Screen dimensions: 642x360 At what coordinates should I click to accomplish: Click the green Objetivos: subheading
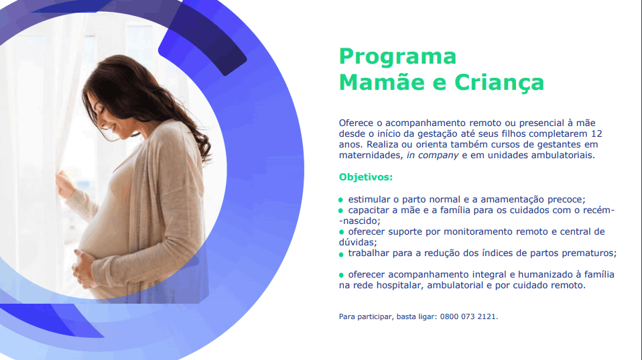tap(366, 178)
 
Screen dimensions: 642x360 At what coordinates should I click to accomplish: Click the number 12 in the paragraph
tap(596, 133)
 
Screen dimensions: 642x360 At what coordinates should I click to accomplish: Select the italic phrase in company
tap(432, 156)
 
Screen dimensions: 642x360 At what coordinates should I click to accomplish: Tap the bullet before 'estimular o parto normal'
tap(340, 200)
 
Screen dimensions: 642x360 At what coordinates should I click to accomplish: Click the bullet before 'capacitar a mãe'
tap(340, 211)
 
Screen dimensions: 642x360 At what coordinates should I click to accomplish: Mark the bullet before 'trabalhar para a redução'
tap(341, 254)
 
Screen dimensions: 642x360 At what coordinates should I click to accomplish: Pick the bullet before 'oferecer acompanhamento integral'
tap(341, 276)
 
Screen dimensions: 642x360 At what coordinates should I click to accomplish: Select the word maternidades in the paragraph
tap(371, 156)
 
